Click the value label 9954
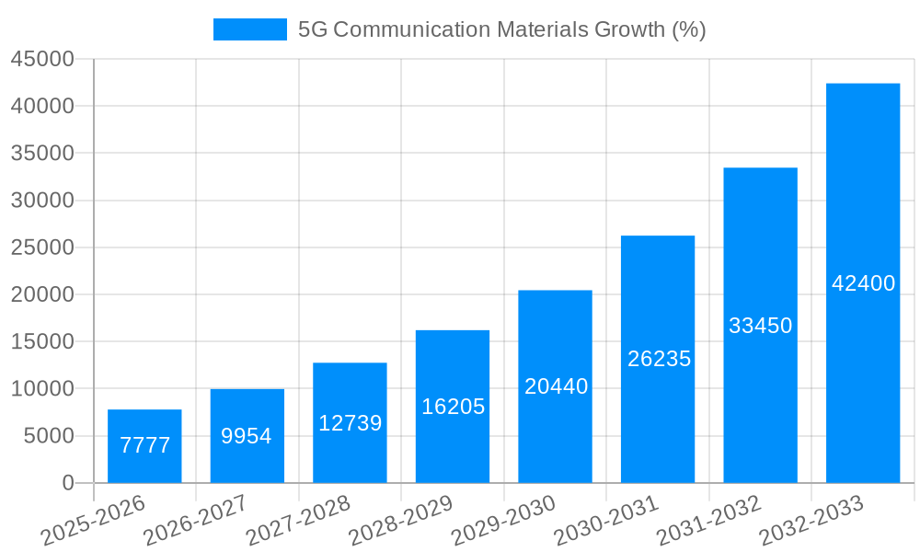pyautogui.click(x=247, y=436)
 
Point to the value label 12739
pyautogui.click(x=350, y=423)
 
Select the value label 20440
pyautogui.click(x=556, y=386)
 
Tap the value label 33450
pyautogui.click(x=760, y=326)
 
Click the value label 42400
pyautogui.click(x=863, y=283)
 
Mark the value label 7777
pyautogui.click(x=144, y=445)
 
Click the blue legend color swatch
pyautogui.click(x=249, y=29)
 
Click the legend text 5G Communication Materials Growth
pyautogui.click(x=501, y=29)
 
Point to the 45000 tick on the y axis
pyautogui.click(x=41, y=59)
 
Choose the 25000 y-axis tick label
pyautogui.click(x=41, y=247)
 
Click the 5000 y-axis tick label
pyautogui.click(x=48, y=436)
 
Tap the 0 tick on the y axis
pyautogui.click(x=67, y=483)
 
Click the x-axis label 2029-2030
pyautogui.click(x=505, y=521)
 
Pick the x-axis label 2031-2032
pyautogui.click(x=710, y=521)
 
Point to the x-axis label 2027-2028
pyautogui.click(x=300, y=521)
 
